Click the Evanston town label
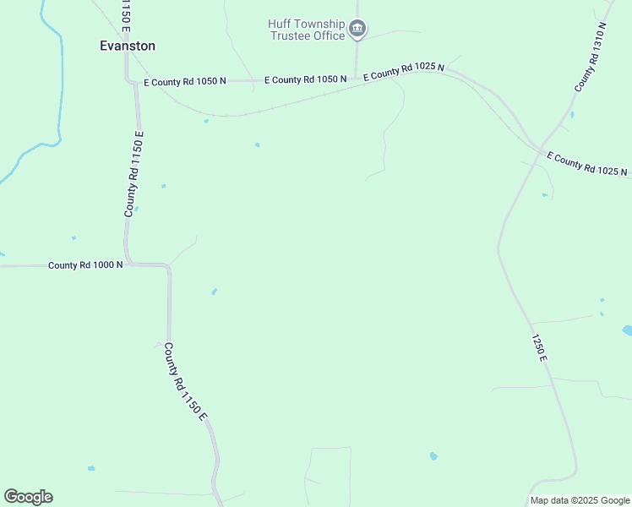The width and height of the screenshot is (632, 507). [x=128, y=46]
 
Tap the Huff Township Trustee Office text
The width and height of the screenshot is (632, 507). [x=307, y=30]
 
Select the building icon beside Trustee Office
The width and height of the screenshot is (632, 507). [x=357, y=30]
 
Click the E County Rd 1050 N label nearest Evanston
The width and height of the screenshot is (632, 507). [x=185, y=82]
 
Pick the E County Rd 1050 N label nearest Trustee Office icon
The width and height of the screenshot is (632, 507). [x=305, y=79]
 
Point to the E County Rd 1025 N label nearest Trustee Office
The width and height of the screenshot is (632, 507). [x=404, y=71]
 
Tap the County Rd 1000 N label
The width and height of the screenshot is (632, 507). [x=85, y=264]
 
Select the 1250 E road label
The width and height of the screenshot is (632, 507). [x=540, y=347]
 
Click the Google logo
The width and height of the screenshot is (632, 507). [x=28, y=496]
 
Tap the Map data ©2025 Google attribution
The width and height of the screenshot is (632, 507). [x=580, y=500]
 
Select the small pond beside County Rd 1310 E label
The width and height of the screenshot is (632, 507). [x=572, y=114]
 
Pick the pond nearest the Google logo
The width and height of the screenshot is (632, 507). [x=91, y=467]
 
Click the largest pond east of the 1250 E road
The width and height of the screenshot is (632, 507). [x=627, y=330]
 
